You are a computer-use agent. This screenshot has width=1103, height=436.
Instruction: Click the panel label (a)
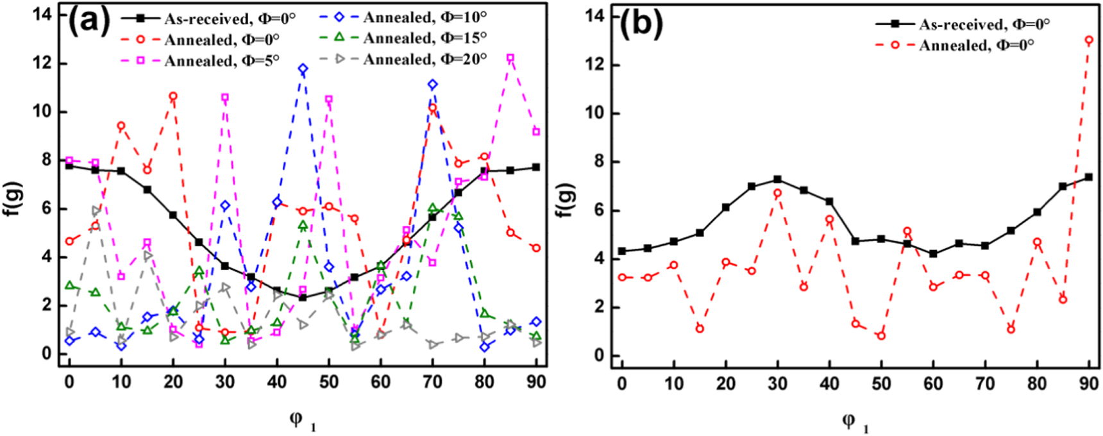(x=89, y=22)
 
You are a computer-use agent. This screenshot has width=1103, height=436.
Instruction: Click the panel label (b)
(x=641, y=24)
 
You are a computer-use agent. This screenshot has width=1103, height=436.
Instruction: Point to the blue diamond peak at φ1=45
(x=303, y=69)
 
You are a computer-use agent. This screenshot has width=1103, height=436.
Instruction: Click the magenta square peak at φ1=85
(x=510, y=58)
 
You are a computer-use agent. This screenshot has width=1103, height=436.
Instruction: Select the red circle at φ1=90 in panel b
(x=1089, y=40)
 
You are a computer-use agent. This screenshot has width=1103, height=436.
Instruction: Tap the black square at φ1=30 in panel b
(x=777, y=180)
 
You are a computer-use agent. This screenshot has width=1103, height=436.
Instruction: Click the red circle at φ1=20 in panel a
(x=173, y=96)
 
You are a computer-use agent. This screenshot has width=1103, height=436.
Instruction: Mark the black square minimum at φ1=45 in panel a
(x=303, y=298)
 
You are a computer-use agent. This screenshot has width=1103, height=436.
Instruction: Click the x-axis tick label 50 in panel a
(x=328, y=382)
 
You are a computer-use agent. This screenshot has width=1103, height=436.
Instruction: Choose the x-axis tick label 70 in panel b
(x=985, y=383)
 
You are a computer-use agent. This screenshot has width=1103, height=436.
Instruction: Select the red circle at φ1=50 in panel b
(x=881, y=335)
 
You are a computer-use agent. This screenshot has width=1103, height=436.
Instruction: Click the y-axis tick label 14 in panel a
(x=42, y=14)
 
